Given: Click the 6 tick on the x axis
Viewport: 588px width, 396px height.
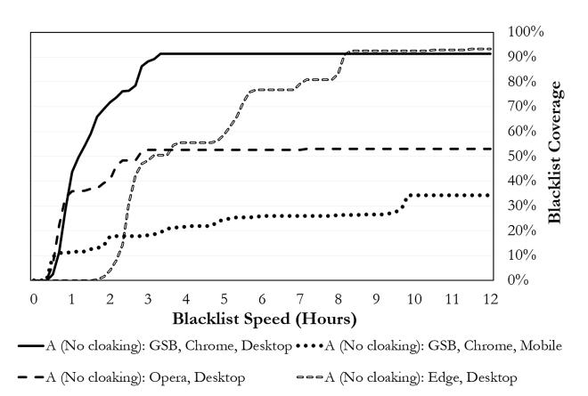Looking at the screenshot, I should tap(262, 297).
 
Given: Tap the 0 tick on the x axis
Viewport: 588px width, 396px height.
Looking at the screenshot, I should tap(33, 297).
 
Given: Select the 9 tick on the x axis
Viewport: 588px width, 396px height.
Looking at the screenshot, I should tap(376, 297).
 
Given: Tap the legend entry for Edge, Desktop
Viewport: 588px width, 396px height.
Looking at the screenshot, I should tap(419, 377).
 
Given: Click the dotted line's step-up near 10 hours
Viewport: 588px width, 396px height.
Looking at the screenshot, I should tap(407, 203).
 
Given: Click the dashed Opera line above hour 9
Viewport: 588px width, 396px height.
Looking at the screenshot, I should tap(376, 149).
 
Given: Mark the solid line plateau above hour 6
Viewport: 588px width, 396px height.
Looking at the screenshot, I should tap(262, 53).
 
